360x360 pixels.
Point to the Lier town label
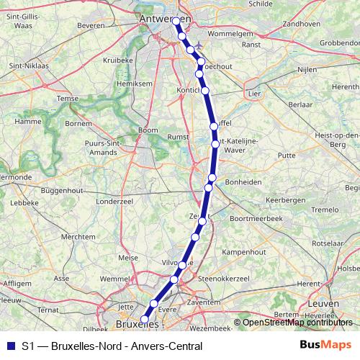point(253,94)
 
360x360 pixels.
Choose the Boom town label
point(148,130)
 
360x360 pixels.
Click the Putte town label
point(287,155)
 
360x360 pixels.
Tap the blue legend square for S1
point(9,346)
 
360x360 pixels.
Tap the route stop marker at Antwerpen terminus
point(176,21)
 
